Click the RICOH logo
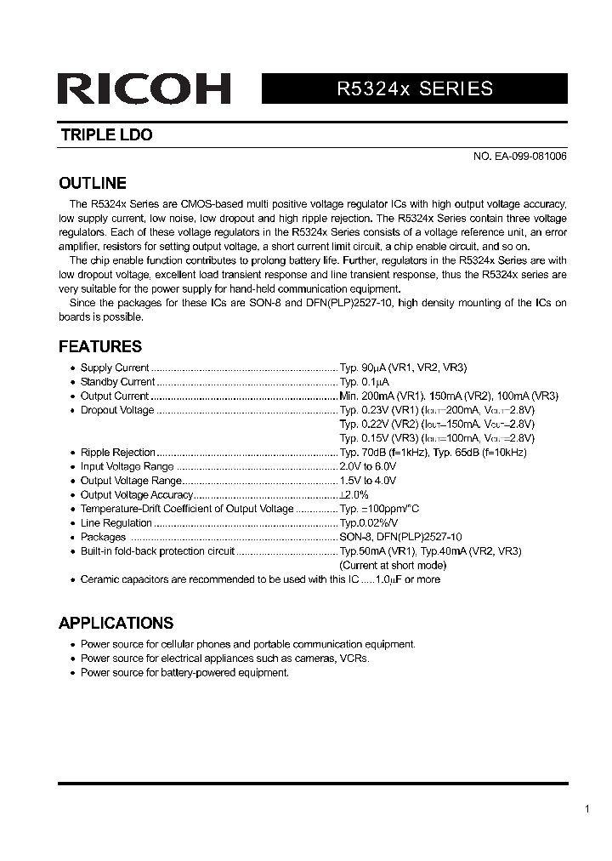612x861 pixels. click(x=144, y=89)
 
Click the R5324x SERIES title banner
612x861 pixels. click(x=414, y=89)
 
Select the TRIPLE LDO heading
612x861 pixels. click(x=106, y=135)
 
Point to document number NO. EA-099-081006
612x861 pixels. click(x=520, y=157)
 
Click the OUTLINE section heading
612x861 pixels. click(x=92, y=183)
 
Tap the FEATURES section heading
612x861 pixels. click(x=99, y=346)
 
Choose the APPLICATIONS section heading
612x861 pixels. click(x=116, y=623)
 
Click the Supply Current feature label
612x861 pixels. click(x=115, y=368)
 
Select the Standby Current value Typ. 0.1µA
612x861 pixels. click(x=364, y=382)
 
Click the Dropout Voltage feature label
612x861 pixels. click(x=117, y=410)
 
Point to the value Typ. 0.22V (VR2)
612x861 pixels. click(x=378, y=424)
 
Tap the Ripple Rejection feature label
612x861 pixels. click(x=118, y=453)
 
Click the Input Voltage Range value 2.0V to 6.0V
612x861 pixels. click(x=368, y=466)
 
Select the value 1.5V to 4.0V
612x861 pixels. click(x=368, y=481)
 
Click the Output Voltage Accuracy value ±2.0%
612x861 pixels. click(x=354, y=494)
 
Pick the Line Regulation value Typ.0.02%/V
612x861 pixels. click(x=369, y=523)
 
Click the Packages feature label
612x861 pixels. click(x=103, y=537)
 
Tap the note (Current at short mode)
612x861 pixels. click(x=392, y=565)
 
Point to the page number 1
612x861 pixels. click(x=586, y=809)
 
